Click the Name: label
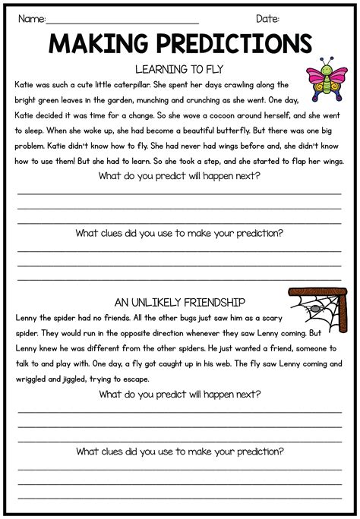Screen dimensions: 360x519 31,18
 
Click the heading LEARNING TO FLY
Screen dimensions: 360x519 179,68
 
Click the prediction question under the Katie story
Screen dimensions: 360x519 179,176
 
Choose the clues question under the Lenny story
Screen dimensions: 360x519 179,451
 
